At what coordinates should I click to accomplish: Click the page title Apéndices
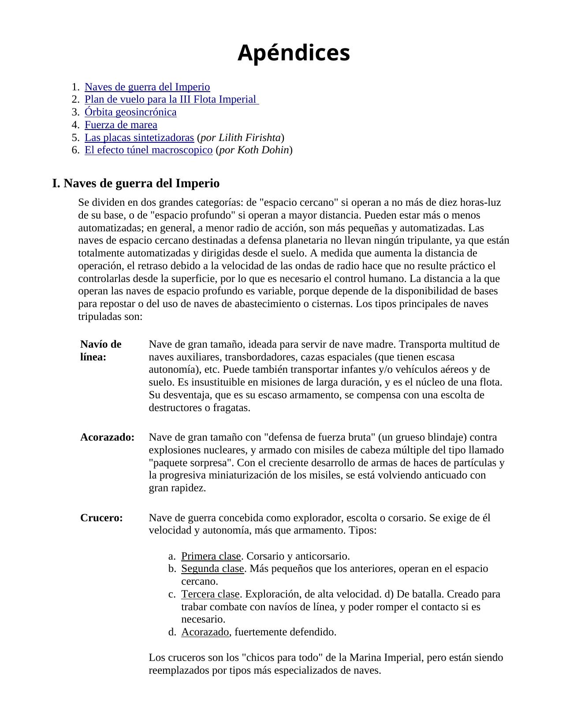click(294, 53)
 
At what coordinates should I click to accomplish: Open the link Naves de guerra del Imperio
click(147, 87)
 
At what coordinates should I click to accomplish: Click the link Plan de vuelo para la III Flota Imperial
click(171, 100)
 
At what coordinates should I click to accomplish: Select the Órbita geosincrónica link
click(130, 112)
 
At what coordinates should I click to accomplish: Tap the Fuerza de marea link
click(121, 125)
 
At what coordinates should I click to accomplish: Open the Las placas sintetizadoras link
click(139, 137)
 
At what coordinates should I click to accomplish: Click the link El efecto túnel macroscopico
click(149, 150)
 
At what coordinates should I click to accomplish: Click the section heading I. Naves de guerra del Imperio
click(136, 183)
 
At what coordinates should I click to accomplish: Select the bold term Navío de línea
click(100, 350)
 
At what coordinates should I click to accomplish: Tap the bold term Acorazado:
click(107, 438)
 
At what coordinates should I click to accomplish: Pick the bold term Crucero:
click(101, 518)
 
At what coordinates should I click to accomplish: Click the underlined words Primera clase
click(211, 556)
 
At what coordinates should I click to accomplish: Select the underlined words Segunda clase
click(212, 569)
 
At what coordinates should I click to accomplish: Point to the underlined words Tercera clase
click(210, 594)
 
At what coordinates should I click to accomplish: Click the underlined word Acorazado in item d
click(205, 632)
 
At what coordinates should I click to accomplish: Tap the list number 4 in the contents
click(75, 125)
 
